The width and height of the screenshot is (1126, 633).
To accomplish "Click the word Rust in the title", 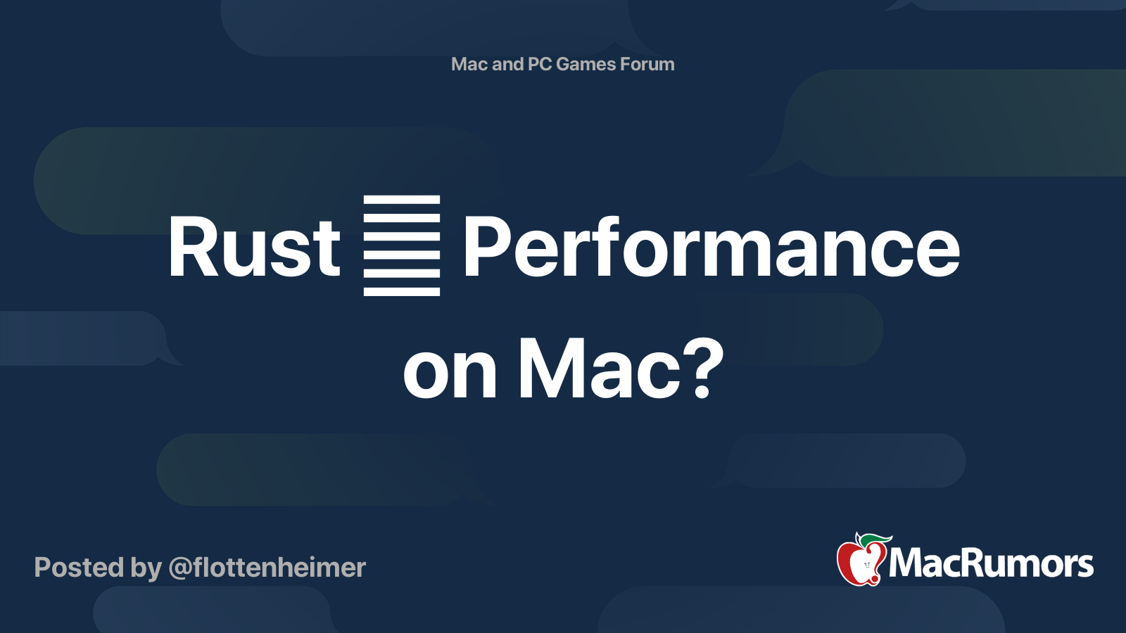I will tap(254, 247).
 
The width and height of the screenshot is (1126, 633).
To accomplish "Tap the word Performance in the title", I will tap(711, 247).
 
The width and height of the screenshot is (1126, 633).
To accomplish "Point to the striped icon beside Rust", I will tap(402, 245).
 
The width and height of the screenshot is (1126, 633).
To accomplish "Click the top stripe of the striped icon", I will tap(402, 200).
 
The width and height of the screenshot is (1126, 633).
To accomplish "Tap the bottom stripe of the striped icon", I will tap(402, 291).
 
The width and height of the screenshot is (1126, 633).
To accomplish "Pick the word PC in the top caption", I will tap(539, 64).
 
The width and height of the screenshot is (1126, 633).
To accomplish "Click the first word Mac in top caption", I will tap(469, 64).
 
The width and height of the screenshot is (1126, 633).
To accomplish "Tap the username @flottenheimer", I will tap(267, 568).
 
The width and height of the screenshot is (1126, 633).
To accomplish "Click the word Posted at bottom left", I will tap(79, 568).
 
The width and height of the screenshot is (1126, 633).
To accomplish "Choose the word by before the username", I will tap(146, 568).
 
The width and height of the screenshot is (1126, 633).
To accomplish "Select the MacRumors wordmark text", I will tap(991, 564).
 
